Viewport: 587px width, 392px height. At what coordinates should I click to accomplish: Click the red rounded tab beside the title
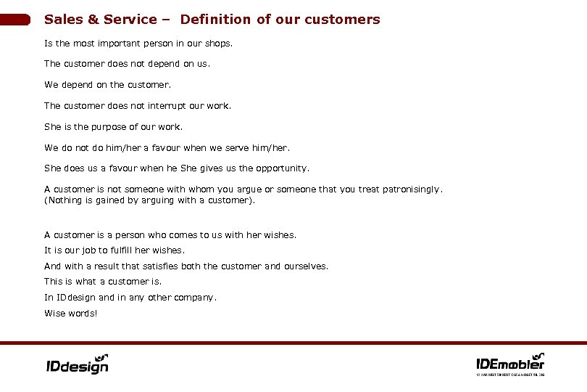click(15, 20)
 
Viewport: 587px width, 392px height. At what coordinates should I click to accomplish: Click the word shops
click(219, 44)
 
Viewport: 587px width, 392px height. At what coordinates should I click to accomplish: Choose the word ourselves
click(306, 266)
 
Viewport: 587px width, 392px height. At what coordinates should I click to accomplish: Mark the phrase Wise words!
click(70, 314)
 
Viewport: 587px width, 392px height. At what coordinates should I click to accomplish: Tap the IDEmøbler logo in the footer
click(509, 362)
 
